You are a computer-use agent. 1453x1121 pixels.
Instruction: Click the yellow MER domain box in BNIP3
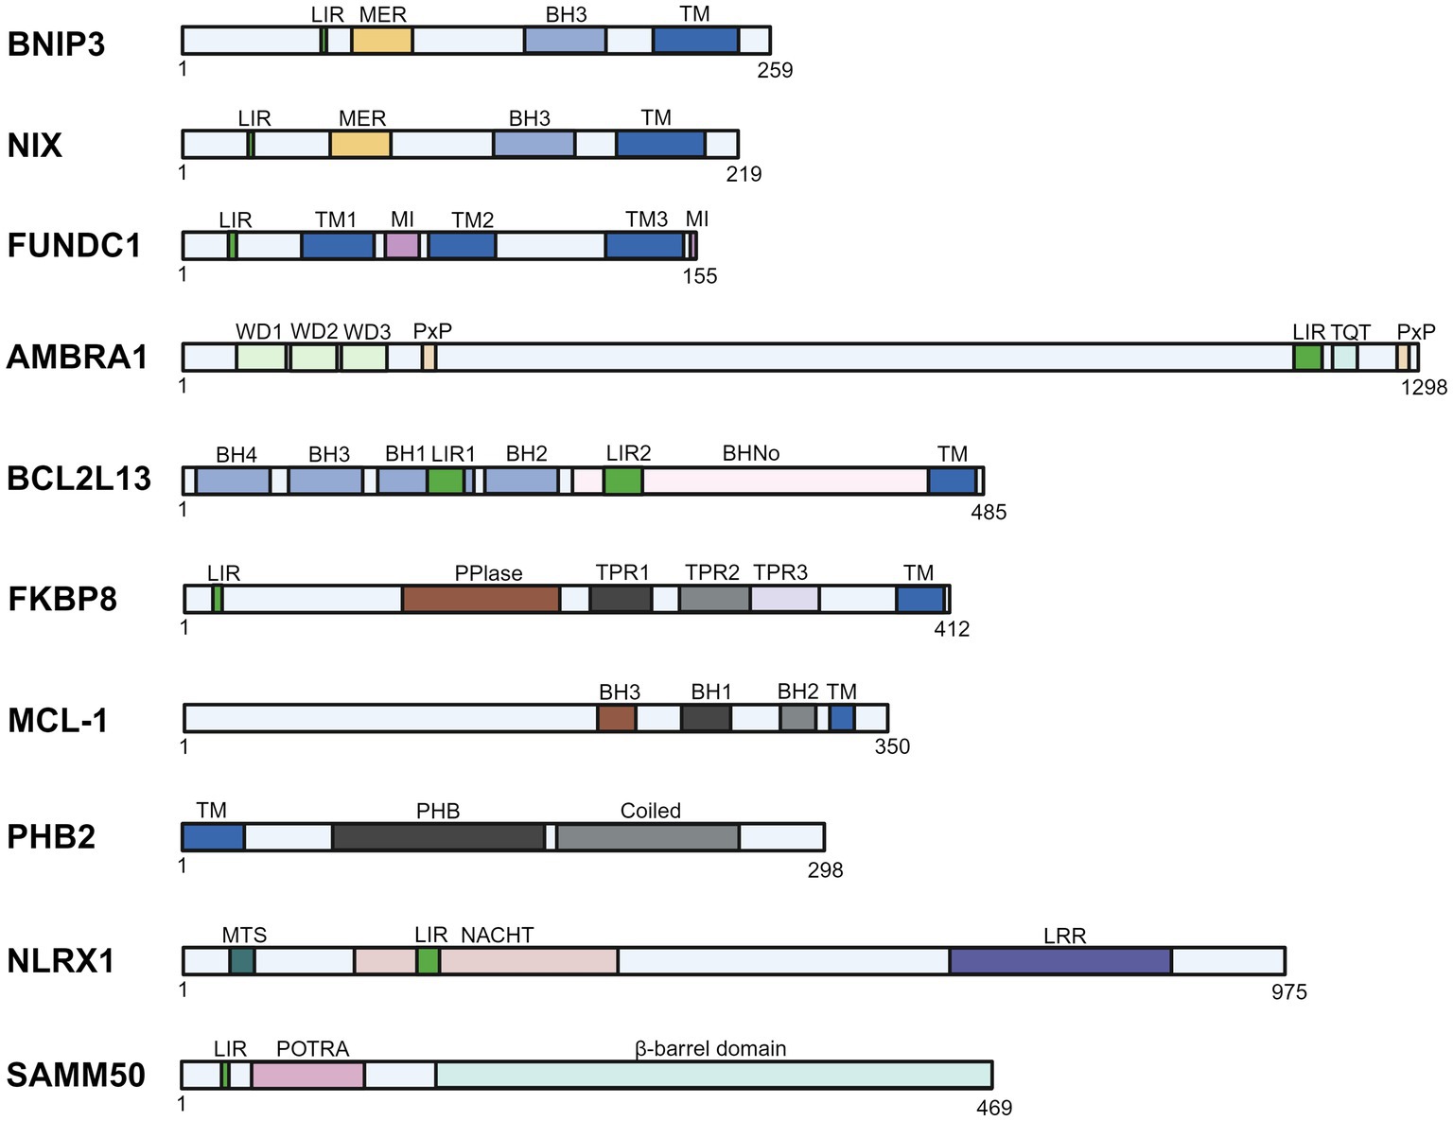[381, 40]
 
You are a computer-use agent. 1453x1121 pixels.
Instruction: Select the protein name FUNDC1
[74, 246]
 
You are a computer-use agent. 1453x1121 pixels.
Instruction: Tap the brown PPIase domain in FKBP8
[481, 599]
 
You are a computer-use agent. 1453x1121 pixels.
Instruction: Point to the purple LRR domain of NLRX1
[1060, 960]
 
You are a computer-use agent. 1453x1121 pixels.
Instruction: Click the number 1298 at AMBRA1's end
[1424, 386]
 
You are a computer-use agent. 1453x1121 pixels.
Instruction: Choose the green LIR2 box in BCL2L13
[623, 481]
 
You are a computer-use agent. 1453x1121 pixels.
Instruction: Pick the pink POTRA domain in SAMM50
[307, 1075]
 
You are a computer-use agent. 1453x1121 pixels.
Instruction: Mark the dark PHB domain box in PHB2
[438, 837]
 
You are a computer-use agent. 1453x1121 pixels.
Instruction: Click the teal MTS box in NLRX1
[242, 960]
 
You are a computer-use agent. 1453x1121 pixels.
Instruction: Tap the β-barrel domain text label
[710, 1048]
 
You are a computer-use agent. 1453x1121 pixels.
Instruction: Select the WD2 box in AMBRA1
[313, 358]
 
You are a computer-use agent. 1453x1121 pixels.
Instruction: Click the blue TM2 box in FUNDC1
[462, 246]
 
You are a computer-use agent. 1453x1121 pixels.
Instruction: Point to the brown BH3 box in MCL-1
[616, 718]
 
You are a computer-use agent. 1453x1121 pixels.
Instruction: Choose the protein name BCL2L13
[79, 480]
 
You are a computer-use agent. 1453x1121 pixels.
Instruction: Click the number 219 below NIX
[744, 174]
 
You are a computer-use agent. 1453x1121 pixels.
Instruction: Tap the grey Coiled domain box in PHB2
[647, 837]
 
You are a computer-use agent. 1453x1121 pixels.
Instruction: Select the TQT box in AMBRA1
[1344, 358]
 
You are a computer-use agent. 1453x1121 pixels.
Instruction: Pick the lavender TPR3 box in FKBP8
[784, 599]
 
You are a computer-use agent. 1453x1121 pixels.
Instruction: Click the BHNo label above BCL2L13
[750, 454]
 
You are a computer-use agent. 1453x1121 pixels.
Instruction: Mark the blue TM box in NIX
[660, 144]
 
